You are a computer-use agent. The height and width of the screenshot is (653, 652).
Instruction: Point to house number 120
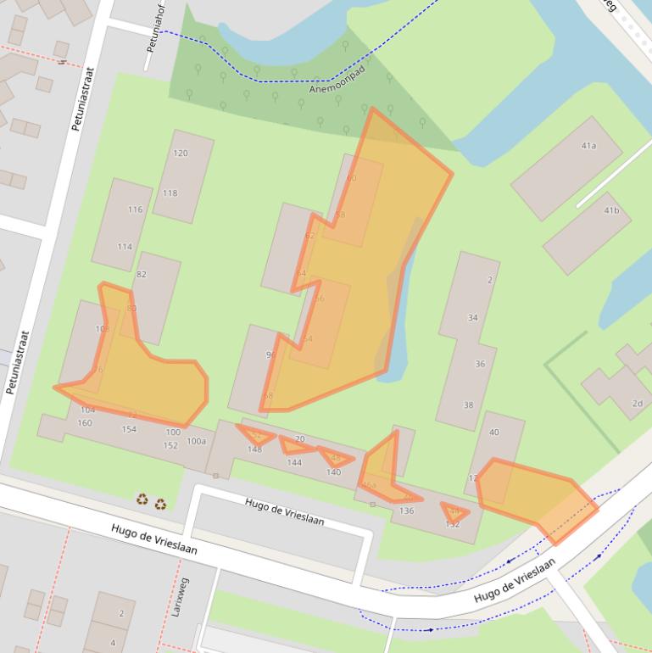click(180, 153)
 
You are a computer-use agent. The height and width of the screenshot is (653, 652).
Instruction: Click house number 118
click(170, 193)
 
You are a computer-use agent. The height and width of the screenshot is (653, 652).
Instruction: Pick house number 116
click(135, 209)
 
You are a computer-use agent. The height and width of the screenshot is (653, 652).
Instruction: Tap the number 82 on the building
click(141, 274)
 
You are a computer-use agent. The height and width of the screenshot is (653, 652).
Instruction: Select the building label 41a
click(588, 146)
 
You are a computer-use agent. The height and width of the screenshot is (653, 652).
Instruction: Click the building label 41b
click(610, 209)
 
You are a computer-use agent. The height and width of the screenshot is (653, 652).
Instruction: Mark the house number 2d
click(637, 403)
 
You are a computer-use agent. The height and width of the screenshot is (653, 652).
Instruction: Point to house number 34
click(472, 317)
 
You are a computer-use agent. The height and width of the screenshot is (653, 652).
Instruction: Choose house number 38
click(468, 405)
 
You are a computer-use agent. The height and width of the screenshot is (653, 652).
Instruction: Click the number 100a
click(196, 441)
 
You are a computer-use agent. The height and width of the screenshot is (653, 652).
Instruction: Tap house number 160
click(85, 422)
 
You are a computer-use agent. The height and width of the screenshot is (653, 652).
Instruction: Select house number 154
click(128, 429)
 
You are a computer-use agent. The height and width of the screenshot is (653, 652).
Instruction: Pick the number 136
click(406, 511)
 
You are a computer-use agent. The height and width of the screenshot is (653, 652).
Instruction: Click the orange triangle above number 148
click(256, 437)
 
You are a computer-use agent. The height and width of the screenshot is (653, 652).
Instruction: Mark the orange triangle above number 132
click(454, 511)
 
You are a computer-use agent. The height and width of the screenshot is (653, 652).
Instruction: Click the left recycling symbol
click(142, 500)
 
